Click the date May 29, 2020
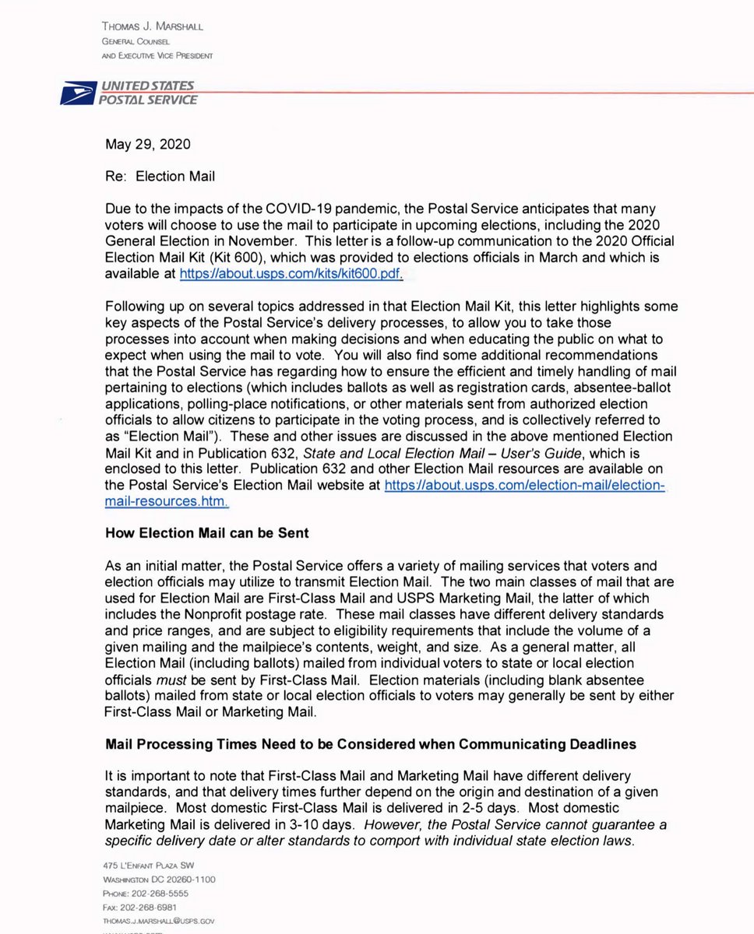coord(147,144)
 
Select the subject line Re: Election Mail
coord(160,176)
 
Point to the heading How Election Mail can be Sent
coord(206,533)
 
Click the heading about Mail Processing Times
coord(370,744)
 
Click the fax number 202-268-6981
coord(141,907)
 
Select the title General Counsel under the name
coord(130,41)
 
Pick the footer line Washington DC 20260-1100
coord(159,880)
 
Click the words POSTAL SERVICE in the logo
coord(147,100)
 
